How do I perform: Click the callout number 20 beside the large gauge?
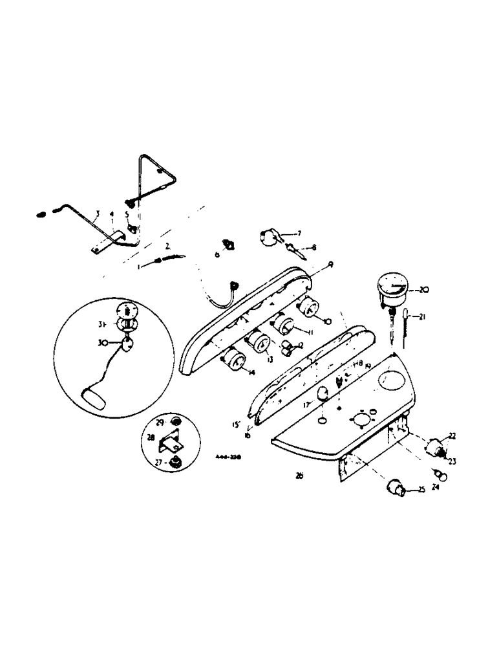[x=424, y=290]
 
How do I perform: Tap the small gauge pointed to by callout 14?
[x=235, y=362]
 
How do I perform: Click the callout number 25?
[x=421, y=491]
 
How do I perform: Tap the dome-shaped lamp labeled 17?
[x=321, y=393]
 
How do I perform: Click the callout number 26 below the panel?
[x=299, y=476]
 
